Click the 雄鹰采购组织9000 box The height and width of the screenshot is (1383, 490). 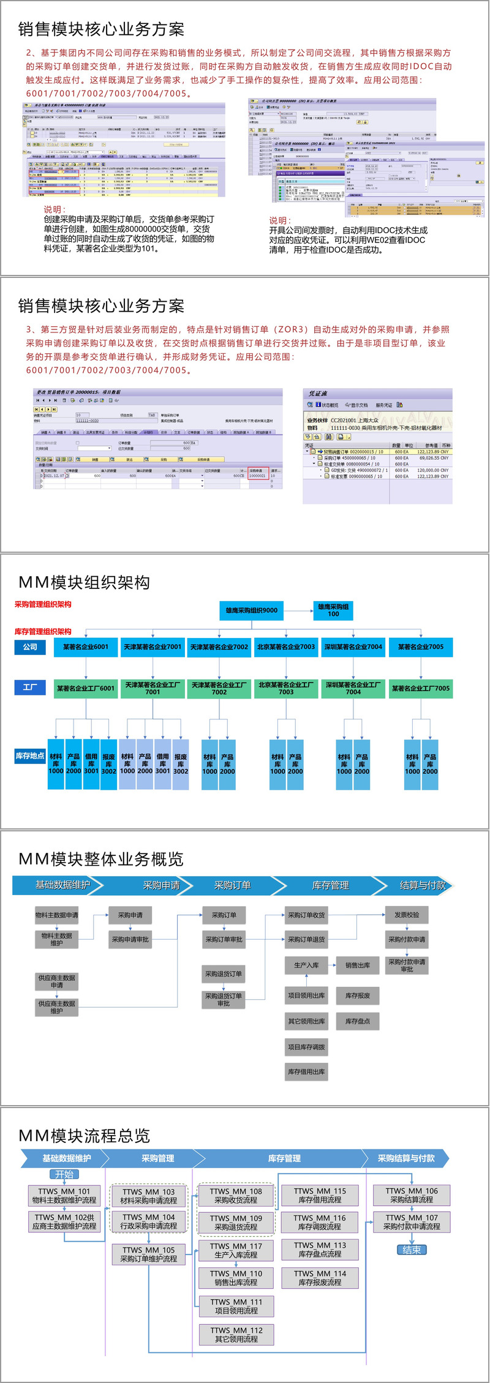coord(251,610)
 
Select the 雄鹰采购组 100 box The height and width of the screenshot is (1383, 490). coord(333,610)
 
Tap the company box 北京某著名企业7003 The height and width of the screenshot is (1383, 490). coord(286,647)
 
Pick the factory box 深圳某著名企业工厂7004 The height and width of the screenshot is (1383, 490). coord(353,688)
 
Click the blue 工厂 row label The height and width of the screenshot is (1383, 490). coord(29,688)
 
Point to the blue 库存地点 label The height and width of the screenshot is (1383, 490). coord(30,755)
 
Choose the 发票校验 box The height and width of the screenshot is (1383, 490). coord(407,915)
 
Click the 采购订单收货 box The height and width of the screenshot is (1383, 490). coord(306,915)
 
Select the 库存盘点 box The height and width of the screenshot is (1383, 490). coord(357,1021)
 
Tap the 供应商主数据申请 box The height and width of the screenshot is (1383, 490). coord(57,982)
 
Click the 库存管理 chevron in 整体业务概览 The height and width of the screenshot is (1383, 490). coord(330,885)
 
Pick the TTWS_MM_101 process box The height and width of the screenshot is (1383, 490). coord(64,1196)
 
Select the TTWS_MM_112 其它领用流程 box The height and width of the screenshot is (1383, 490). coord(236,1335)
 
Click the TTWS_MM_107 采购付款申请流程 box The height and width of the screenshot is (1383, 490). coord(411,1222)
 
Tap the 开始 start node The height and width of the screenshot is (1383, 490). coord(64,1174)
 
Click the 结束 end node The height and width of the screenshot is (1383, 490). coord(411,1250)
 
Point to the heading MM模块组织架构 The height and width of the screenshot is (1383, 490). coord(85,582)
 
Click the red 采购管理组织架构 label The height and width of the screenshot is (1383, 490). coord(43,604)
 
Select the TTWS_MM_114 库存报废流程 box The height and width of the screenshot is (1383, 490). coord(320,1278)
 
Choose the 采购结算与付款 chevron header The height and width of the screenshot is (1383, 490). coord(405,1158)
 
